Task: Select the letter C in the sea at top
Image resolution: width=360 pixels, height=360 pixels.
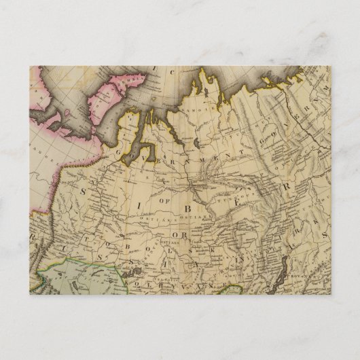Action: (172, 73)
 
